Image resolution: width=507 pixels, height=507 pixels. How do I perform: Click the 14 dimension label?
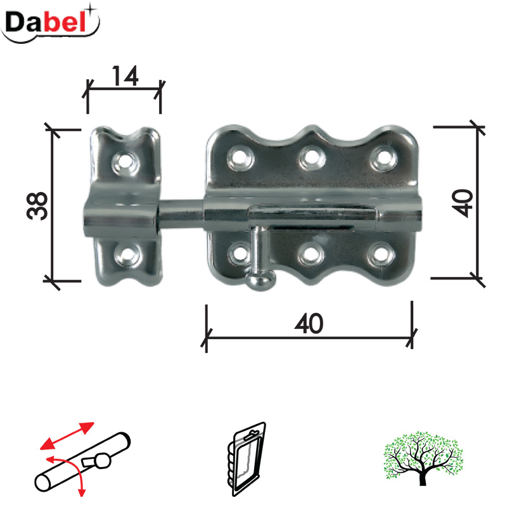point(125,77)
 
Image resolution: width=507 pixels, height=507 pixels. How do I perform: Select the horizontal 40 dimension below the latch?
point(309,324)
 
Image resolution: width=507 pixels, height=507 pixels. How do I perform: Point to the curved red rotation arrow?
point(70,472)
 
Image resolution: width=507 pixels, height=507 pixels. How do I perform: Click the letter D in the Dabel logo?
point(18,23)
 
